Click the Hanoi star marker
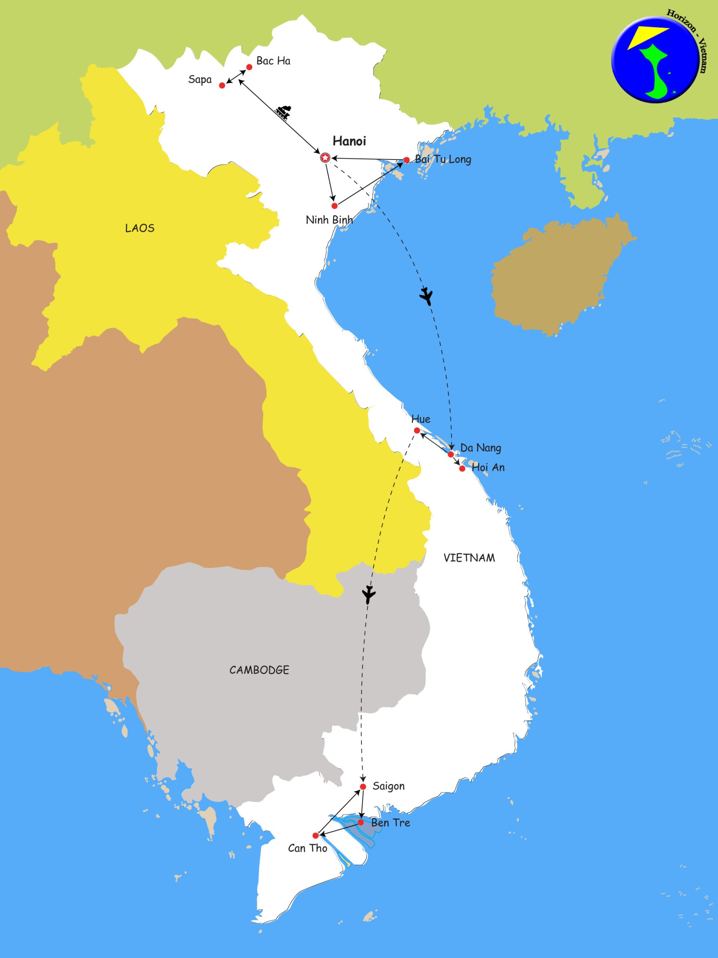[325, 158]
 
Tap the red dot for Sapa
[222, 85]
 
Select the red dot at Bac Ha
[250, 67]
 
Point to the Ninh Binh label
[329, 220]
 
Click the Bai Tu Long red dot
[406, 160]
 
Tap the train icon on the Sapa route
[284, 112]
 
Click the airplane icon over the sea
[427, 297]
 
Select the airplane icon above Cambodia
[369, 594]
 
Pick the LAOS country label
[140, 228]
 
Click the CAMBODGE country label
[259, 670]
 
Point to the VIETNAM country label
[469, 558]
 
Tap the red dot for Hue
[416, 430]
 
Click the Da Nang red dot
[450, 454]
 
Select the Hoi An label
[488, 468]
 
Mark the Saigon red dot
[363, 787]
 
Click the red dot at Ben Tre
[361, 822]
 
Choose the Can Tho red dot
[316, 835]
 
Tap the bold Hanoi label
[349, 141]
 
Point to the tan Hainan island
[559, 277]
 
